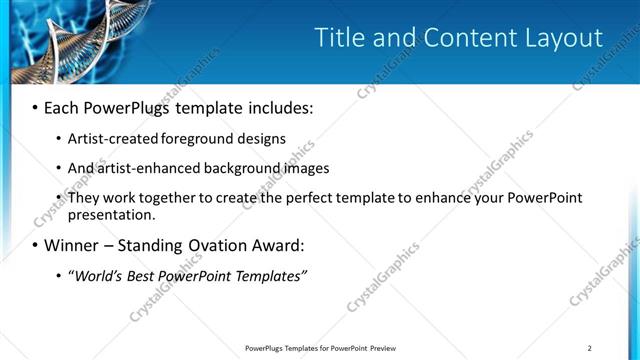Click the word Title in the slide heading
[340, 38]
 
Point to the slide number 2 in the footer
[590, 347]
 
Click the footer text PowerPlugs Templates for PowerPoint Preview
[319, 347]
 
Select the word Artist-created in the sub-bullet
[111, 139]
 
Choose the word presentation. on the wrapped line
[112, 214]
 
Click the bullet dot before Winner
[36, 245]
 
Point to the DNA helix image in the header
[60, 40]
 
